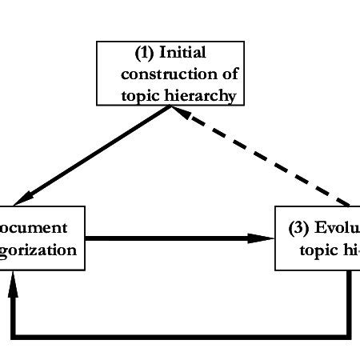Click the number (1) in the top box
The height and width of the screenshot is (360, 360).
[x=145, y=54]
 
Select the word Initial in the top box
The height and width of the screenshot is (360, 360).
[x=183, y=54]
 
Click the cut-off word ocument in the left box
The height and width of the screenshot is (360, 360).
[x=40, y=228]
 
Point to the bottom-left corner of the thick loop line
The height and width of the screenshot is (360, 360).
[x=13, y=334]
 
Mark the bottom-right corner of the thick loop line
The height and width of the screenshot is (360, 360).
[x=349, y=334]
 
